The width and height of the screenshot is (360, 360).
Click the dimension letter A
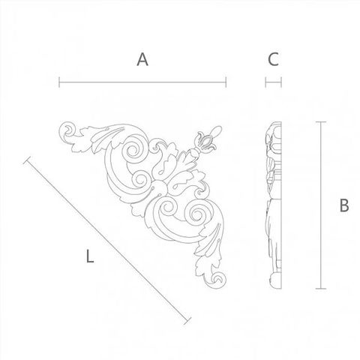142,59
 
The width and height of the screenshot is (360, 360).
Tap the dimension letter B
344,205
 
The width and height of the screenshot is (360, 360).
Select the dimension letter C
273,59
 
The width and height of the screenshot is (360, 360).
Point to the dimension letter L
90,256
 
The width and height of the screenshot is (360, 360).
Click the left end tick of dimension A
59,82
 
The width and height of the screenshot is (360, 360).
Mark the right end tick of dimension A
226,82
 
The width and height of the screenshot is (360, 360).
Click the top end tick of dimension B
321,122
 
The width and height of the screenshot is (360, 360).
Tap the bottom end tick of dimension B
321,289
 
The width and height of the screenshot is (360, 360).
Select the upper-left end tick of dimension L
27,160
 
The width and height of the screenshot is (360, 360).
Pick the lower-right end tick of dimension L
187,321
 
